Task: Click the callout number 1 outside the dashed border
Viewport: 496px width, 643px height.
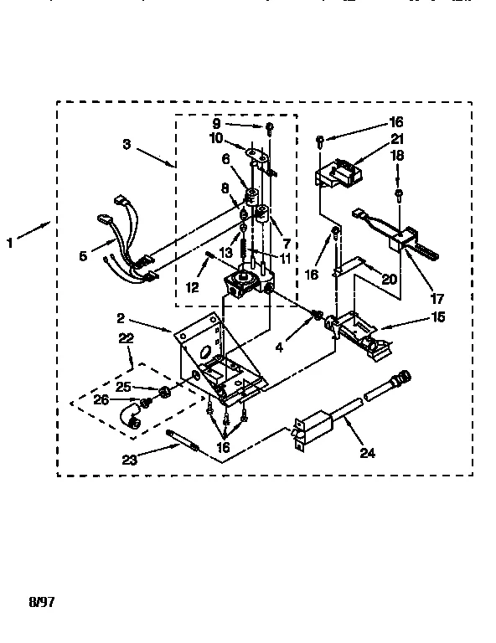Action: click(x=10, y=244)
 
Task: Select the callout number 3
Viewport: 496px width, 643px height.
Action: click(x=126, y=144)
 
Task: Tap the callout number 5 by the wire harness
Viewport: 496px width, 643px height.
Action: click(x=83, y=256)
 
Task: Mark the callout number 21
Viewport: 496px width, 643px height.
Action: click(x=396, y=138)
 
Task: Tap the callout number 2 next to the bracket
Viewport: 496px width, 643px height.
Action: click(x=121, y=318)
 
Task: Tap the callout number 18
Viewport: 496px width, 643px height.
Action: click(x=396, y=156)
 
